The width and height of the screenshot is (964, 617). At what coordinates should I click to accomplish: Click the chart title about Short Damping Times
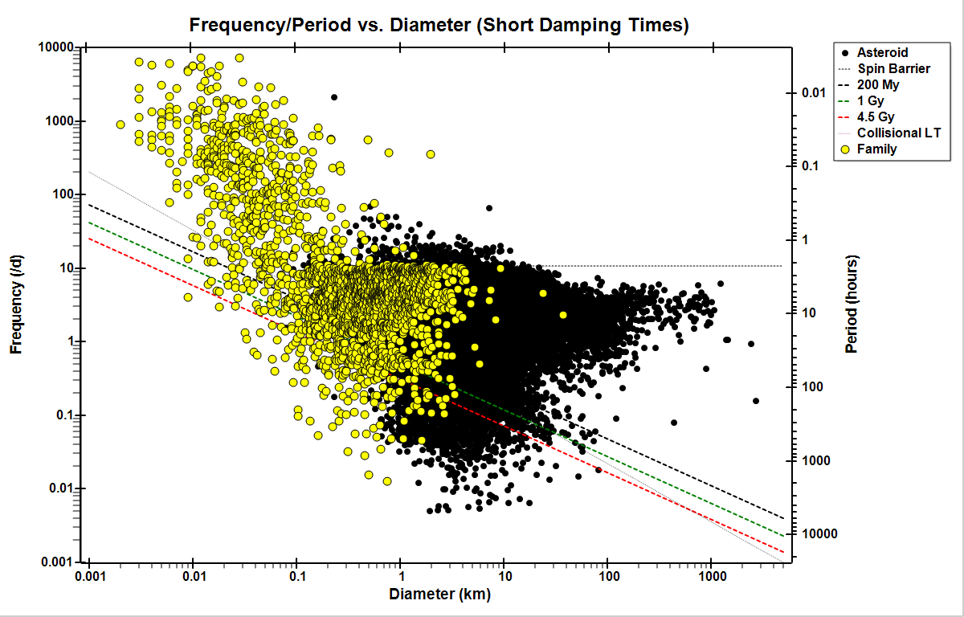click(439, 25)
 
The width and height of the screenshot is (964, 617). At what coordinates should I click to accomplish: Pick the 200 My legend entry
click(876, 84)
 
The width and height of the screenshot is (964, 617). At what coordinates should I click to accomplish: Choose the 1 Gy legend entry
click(871, 100)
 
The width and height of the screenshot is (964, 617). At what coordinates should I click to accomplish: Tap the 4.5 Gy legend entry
click(875, 116)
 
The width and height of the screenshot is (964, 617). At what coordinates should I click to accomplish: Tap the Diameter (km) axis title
click(439, 595)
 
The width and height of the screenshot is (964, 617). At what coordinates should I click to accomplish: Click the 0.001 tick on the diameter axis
click(88, 576)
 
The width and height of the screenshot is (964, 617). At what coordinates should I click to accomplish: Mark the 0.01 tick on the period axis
click(815, 93)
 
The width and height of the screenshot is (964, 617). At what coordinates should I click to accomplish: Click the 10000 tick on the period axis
click(818, 534)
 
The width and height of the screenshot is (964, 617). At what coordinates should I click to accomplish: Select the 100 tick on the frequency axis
click(64, 194)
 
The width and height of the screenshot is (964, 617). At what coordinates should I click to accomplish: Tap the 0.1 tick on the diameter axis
click(296, 576)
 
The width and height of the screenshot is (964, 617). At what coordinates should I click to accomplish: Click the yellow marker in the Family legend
click(844, 149)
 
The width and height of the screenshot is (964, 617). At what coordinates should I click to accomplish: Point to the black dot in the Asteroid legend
click(844, 52)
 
